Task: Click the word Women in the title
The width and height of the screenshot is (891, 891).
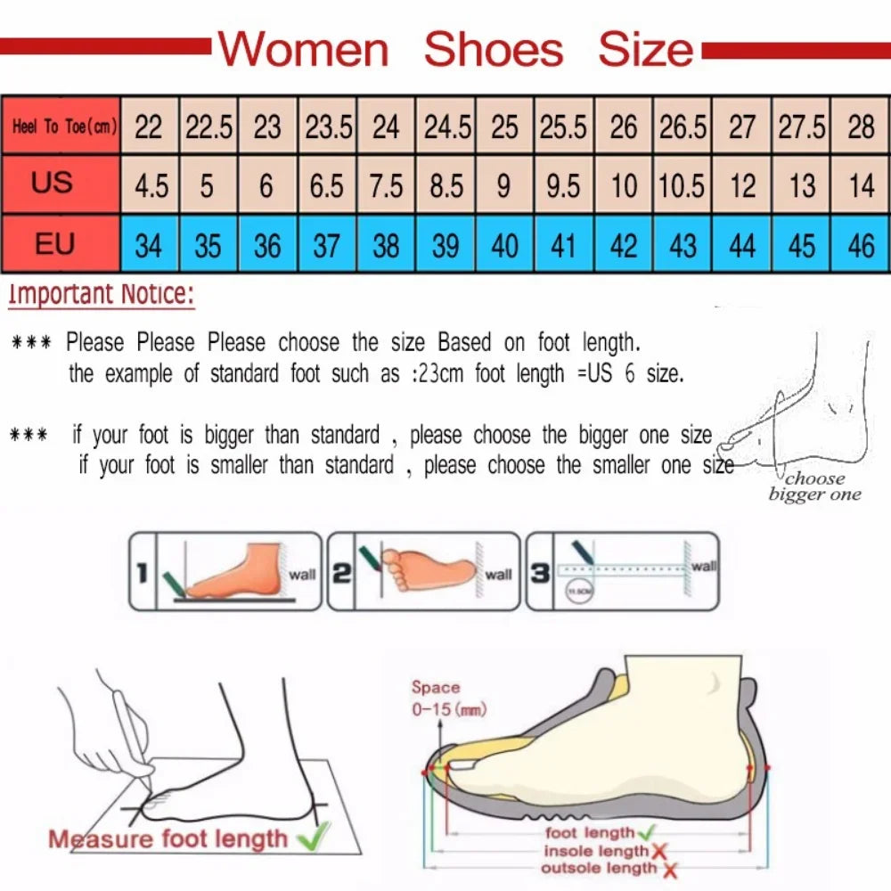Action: [304, 50]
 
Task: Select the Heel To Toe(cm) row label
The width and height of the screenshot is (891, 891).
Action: [61, 127]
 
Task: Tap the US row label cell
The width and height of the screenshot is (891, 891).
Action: [53, 184]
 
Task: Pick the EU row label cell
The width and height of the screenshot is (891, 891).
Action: [53, 243]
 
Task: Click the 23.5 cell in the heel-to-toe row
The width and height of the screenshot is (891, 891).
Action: [328, 127]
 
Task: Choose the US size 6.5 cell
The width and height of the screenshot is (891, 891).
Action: [327, 185]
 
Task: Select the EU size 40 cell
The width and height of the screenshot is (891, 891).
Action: [504, 244]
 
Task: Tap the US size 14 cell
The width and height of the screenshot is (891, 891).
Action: [861, 185]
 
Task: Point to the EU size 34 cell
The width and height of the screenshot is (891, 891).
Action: [149, 244]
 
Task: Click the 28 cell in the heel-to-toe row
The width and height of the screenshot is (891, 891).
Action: [861, 127]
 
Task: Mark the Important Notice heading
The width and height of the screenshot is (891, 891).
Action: [100, 294]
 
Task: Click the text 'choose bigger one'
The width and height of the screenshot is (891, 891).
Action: [814, 486]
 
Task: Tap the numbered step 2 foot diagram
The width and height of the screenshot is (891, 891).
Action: [423, 570]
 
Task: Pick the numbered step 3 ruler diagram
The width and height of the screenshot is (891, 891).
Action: [622, 570]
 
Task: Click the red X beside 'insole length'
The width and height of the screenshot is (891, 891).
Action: [659, 852]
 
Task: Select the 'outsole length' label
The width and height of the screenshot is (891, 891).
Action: [600, 868]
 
